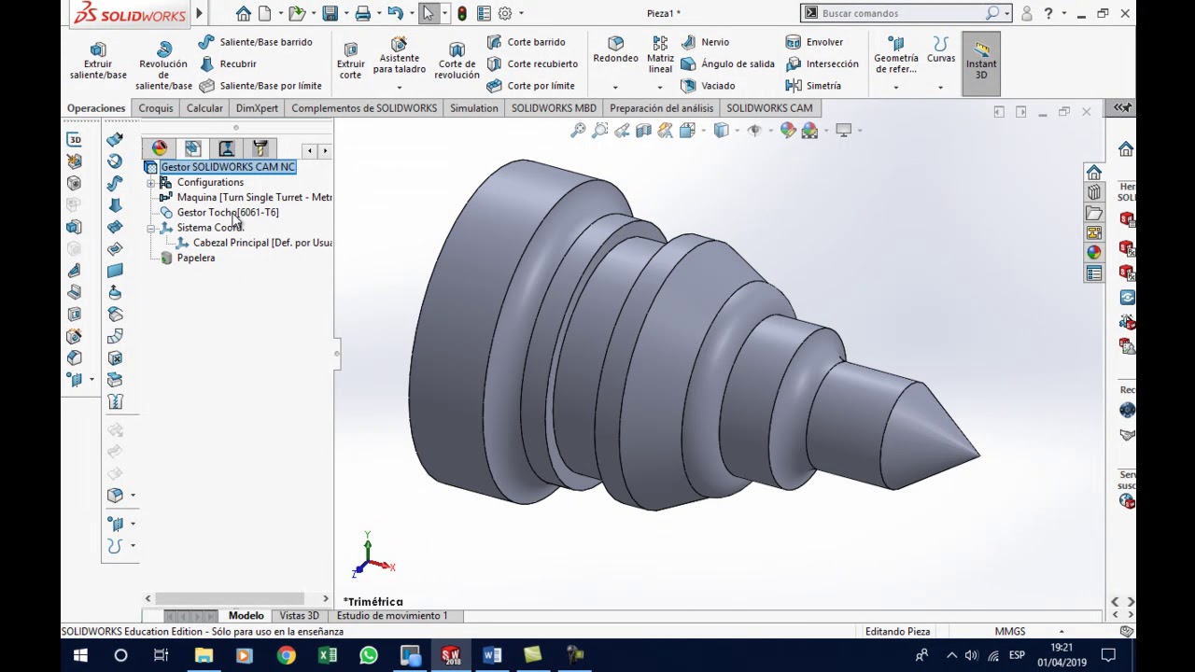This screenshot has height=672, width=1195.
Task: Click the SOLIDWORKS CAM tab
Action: (769, 108)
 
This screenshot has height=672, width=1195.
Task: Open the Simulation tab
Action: (473, 108)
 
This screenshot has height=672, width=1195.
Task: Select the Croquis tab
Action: (156, 108)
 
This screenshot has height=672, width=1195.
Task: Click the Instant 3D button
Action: (981, 63)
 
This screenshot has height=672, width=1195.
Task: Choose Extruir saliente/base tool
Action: (98, 62)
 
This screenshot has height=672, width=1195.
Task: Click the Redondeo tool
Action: (615, 50)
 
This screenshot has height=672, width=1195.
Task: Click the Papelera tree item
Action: (195, 258)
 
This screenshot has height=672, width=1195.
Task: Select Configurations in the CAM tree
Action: (210, 182)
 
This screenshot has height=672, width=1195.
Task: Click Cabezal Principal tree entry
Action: (261, 243)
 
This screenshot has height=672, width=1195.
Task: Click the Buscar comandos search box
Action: (901, 13)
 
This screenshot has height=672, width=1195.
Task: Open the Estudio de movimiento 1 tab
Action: (392, 616)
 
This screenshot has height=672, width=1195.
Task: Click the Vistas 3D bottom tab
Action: (299, 616)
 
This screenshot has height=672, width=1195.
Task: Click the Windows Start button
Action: (80, 655)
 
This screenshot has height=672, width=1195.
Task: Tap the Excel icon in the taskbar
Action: (328, 655)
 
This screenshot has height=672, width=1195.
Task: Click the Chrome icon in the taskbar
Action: (286, 655)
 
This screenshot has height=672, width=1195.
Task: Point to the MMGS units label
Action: (1010, 632)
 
